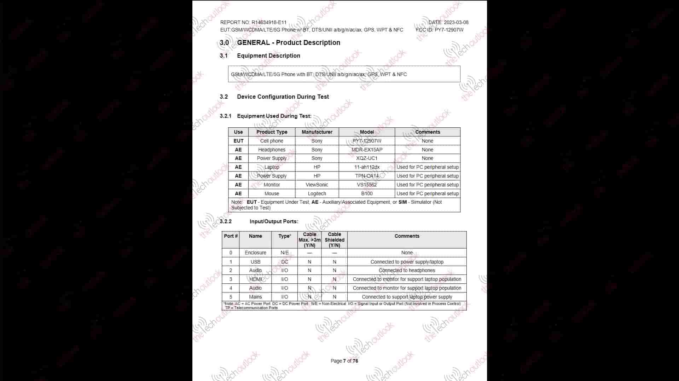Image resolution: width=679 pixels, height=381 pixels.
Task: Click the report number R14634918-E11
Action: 269,22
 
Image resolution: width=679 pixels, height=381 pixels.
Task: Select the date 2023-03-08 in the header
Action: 456,22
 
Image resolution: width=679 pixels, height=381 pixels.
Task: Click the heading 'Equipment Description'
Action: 268,56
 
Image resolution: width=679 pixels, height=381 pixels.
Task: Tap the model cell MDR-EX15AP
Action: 367,150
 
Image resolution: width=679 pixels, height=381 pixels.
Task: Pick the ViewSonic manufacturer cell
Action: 317,185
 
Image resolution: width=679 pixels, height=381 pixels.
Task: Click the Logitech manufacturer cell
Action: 317,194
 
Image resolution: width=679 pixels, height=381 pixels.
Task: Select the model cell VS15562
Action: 367,185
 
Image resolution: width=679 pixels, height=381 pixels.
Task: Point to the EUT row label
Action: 238,141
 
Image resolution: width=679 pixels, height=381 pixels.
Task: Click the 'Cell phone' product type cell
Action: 272,141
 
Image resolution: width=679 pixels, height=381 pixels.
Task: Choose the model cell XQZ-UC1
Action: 367,158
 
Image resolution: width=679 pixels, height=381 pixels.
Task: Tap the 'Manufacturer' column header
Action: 317,132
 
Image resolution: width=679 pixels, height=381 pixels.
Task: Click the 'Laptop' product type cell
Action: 272,167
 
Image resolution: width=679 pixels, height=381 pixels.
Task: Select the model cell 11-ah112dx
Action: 367,167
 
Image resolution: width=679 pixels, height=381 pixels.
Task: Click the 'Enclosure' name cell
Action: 255,253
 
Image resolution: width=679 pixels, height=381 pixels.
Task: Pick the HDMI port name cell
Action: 255,279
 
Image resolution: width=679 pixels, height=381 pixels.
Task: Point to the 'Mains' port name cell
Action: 255,297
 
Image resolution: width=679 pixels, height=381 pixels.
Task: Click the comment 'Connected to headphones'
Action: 407,270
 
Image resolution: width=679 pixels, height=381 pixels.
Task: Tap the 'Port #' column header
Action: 231,236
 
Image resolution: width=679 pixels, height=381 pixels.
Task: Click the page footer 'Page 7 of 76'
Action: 344,361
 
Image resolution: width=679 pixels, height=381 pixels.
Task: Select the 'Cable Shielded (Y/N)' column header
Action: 334,239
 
